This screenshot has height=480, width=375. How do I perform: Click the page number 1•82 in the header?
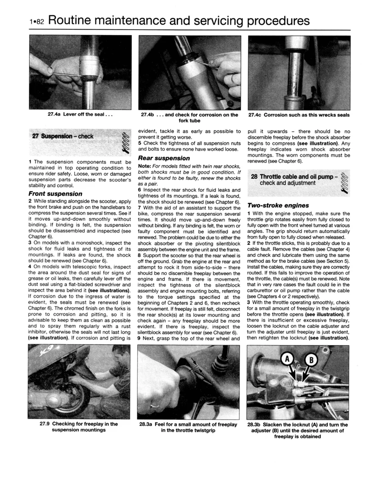point(36,22)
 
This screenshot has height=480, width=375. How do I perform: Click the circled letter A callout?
point(287,358)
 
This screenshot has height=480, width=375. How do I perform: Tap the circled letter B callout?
point(312,360)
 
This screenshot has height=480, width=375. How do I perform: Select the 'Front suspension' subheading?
point(55,194)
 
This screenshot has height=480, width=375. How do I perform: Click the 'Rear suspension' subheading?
point(164,158)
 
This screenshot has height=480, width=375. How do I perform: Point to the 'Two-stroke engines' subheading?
point(278,205)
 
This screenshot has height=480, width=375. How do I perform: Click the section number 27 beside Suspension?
point(35,136)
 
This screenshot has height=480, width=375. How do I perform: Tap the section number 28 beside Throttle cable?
point(254,177)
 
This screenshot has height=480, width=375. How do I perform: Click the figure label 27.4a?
point(54,114)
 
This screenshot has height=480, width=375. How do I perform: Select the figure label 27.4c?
point(255,115)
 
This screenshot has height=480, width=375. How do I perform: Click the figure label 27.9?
point(45,424)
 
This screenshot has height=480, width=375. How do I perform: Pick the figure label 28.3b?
point(254,425)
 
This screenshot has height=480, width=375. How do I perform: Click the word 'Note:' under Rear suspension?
point(144,166)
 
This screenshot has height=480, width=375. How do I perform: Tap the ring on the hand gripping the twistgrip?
point(155,405)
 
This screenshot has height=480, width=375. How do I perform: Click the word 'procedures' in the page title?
point(278,21)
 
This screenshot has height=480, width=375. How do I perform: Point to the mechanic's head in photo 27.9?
point(119,355)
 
